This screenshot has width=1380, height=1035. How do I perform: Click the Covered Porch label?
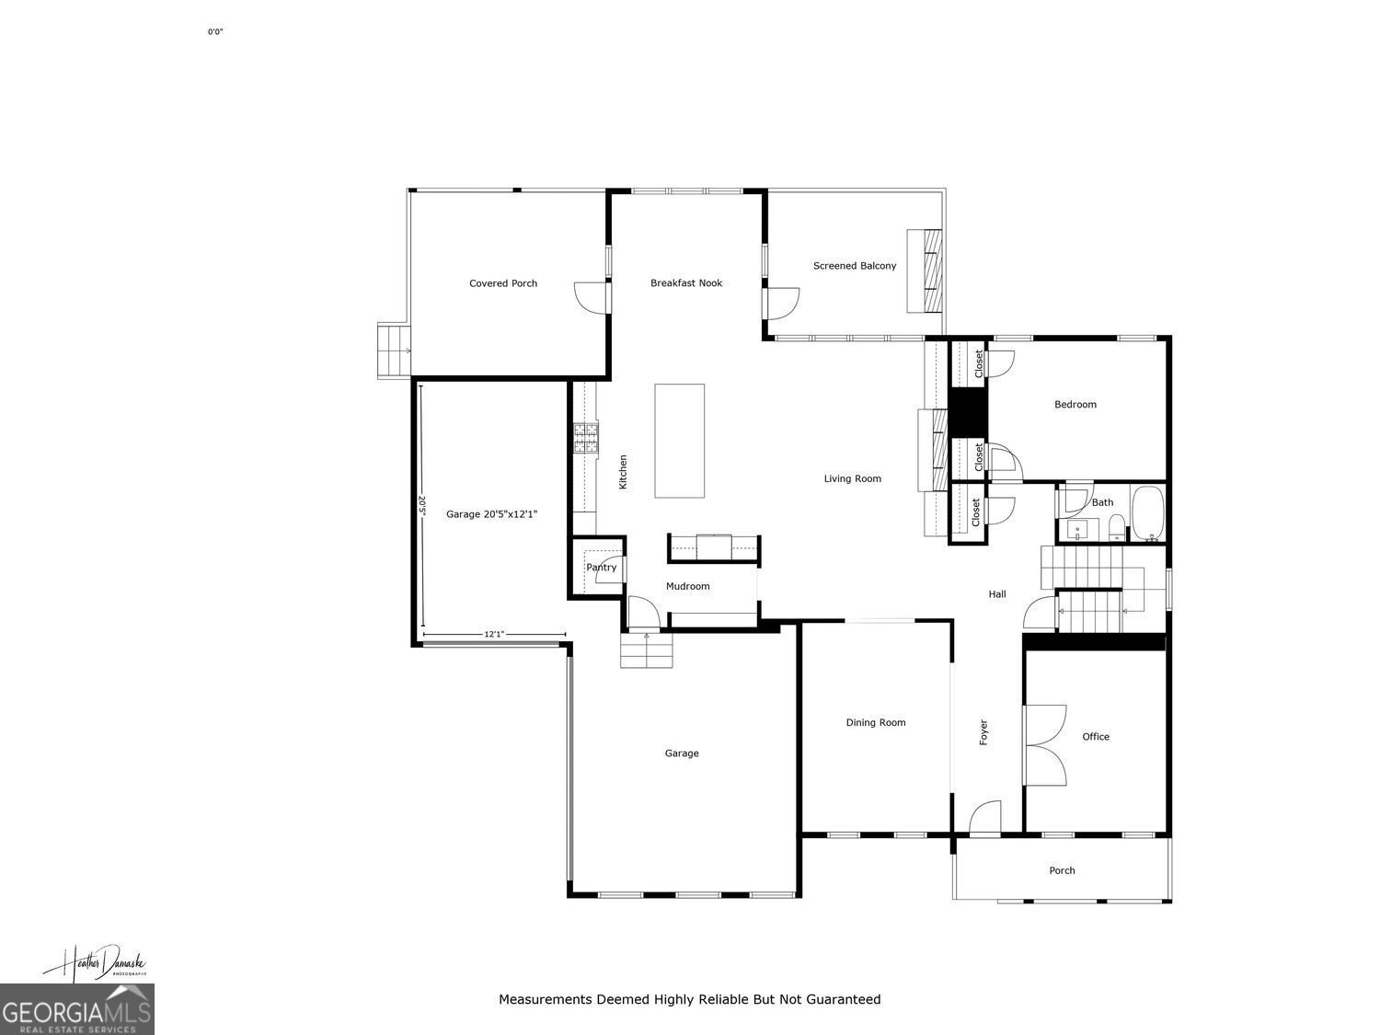502,283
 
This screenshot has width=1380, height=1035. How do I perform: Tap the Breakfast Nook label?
686,283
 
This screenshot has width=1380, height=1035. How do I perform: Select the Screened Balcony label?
854,266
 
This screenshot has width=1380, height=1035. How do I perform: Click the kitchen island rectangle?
680,441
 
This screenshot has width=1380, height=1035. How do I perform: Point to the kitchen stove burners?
586,439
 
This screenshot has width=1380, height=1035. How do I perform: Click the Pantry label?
602,568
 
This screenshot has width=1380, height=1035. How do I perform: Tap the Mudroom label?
687,586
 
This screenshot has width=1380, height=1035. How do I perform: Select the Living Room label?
852,478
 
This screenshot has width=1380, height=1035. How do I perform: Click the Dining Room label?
876,723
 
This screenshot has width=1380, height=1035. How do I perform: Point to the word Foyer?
983,732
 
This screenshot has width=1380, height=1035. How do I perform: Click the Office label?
1096,737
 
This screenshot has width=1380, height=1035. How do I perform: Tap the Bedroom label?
1075,405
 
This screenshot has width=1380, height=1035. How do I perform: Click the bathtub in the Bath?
1147,514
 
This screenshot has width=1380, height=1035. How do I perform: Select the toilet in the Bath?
1116,527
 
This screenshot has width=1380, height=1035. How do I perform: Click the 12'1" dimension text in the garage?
494,634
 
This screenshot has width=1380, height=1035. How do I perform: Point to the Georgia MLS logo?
77,1009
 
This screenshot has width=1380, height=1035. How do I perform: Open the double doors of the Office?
1044,744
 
